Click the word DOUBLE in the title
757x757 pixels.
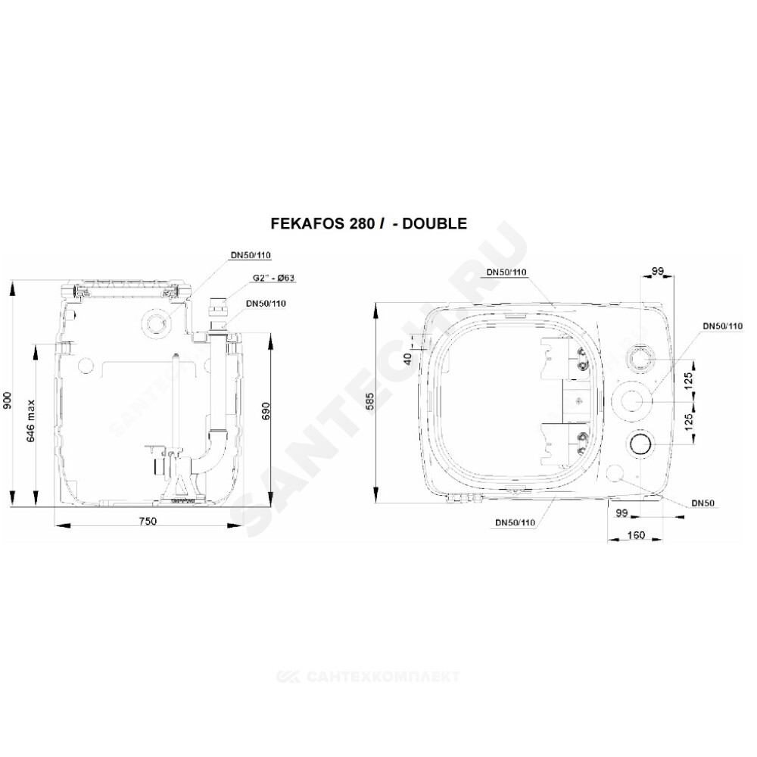coord(435,223)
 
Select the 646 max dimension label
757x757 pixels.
coord(31,420)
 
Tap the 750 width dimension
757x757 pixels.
coord(148,522)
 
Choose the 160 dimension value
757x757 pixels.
coord(636,535)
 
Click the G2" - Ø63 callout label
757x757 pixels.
coord(273,278)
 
